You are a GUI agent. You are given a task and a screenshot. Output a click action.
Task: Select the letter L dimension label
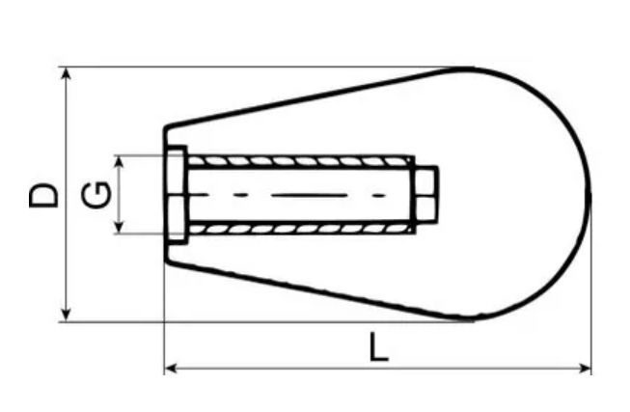click(x=379, y=346)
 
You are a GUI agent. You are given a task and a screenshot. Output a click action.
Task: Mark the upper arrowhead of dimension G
click(x=120, y=161)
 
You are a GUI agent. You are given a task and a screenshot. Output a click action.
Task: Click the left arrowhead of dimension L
click(x=172, y=368)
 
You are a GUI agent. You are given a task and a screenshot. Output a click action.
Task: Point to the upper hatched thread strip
click(x=299, y=160)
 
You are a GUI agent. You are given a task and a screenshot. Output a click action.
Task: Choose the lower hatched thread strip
click(x=299, y=229)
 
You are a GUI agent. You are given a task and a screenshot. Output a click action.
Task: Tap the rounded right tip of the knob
click(x=588, y=195)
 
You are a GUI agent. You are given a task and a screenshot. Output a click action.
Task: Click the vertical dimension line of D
click(x=66, y=241)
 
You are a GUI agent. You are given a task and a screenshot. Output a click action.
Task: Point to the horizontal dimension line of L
click(x=289, y=368)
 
